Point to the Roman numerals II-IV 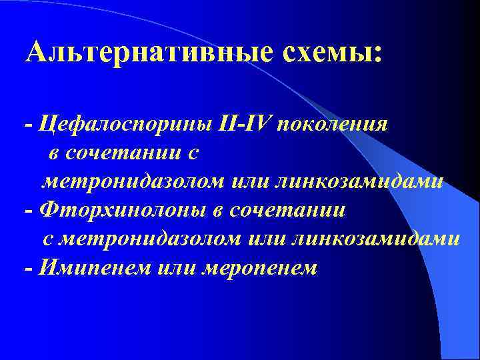click(246, 124)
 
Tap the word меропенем click(267, 268)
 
